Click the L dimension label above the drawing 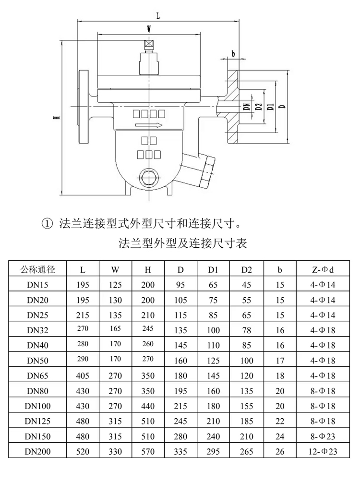(x=158, y=16)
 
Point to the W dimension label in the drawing (x=149, y=29)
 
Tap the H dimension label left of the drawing (x=57, y=118)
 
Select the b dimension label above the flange (x=233, y=54)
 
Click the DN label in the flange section (x=247, y=107)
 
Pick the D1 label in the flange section (x=271, y=107)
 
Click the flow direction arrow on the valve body (x=149, y=125)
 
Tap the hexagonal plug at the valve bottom (x=149, y=178)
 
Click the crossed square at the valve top (x=149, y=43)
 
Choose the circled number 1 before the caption (x=47, y=223)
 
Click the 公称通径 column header (x=37, y=269)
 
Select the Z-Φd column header (x=323, y=270)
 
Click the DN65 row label (x=37, y=375)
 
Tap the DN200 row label (x=37, y=451)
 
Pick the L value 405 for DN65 (x=83, y=375)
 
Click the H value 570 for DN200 (x=148, y=451)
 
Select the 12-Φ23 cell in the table (x=323, y=451)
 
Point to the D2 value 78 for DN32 (x=246, y=330)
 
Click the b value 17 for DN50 (x=280, y=361)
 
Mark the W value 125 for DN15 (x=115, y=285)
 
